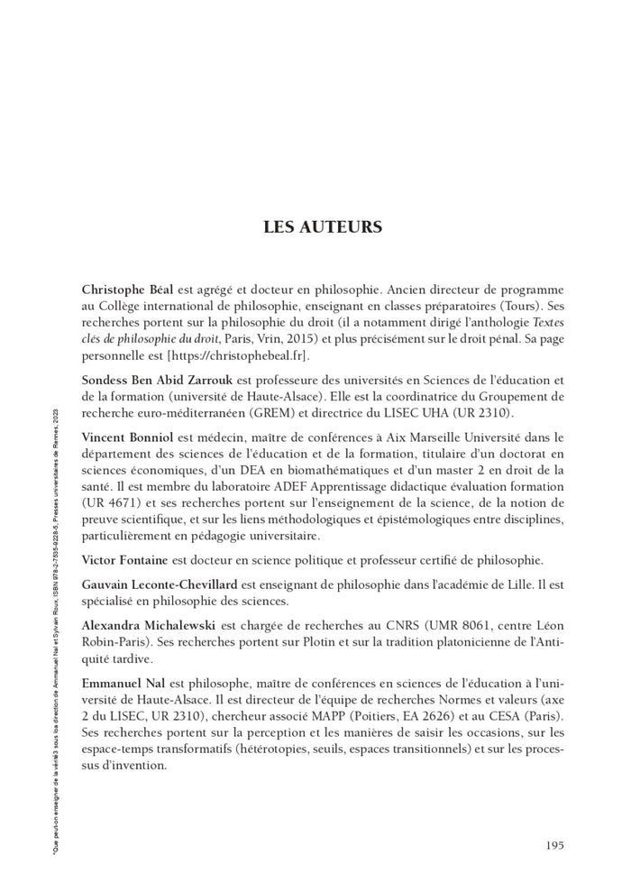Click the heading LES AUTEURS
coord(322,226)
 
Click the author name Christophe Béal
coord(128,290)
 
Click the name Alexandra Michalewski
coord(149,625)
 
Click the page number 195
coord(554,844)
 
